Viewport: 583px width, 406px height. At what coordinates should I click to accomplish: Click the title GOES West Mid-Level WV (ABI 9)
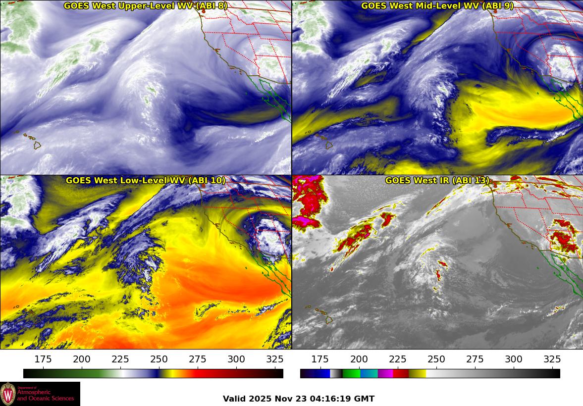(x=437, y=6)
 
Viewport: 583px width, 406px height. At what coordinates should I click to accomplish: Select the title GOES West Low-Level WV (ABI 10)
(x=145, y=181)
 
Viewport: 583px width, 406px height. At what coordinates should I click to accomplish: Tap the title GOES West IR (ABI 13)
(x=437, y=181)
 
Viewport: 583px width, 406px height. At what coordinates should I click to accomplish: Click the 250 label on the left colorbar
(x=159, y=359)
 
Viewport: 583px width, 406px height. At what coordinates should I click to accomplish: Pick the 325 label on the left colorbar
(x=275, y=359)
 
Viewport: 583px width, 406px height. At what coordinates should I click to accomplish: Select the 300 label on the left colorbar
(x=236, y=359)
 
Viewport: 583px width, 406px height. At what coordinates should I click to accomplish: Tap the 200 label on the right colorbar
(x=359, y=359)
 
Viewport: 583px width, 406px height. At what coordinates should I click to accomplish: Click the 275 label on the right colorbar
(x=475, y=359)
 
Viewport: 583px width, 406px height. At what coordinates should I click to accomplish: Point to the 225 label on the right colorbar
(x=397, y=359)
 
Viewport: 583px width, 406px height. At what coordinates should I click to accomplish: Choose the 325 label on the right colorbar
(x=552, y=359)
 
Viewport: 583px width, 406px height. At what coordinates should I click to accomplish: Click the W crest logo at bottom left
(x=8, y=394)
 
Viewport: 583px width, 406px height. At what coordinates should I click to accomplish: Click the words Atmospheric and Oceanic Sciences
(x=46, y=395)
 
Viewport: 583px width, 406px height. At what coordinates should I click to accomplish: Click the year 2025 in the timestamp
(x=260, y=399)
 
